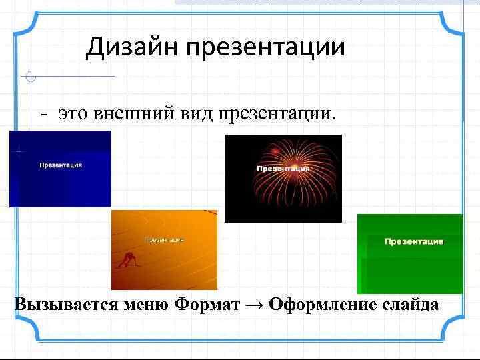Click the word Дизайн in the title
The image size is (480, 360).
131,47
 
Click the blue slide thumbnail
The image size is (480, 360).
60,169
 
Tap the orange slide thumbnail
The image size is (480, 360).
164,250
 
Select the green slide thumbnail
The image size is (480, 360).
410,254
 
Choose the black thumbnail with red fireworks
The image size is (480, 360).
283,179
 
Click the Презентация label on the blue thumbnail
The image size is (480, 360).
61,165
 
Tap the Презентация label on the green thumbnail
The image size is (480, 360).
413,241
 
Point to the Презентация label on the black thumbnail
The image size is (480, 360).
283,169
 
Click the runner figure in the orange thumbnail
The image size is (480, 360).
128,261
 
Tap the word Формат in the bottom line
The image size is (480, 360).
207,305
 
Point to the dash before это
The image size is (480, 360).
44,115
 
